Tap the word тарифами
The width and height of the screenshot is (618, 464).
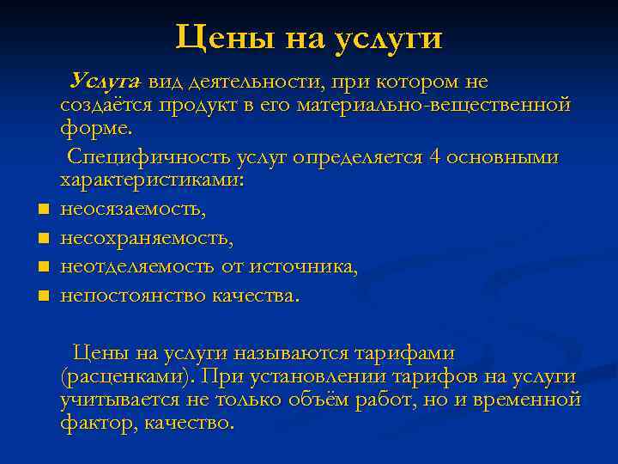click(403, 352)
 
